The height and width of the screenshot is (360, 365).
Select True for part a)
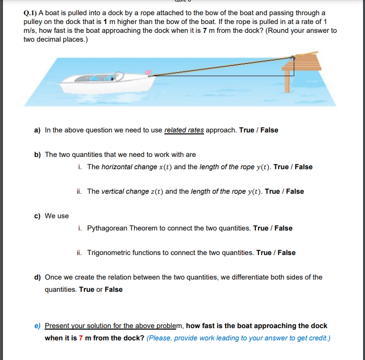point(246,130)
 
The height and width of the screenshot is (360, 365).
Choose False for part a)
point(269,130)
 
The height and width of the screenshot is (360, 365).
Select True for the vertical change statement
point(272,191)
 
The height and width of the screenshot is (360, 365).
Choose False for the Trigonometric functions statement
point(287,253)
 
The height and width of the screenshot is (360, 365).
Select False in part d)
point(114,289)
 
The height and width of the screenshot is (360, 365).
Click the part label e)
point(37,326)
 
